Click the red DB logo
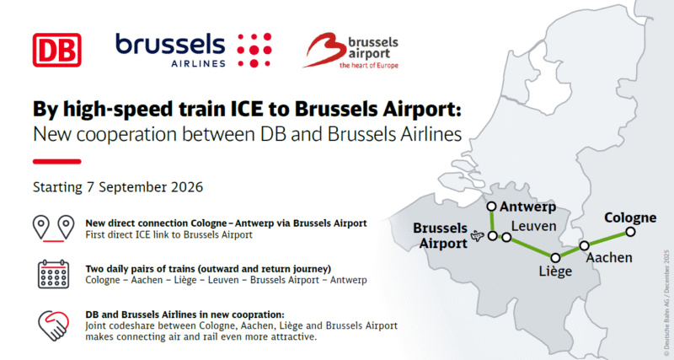(x=56, y=49)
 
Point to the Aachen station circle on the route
(x=584, y=246)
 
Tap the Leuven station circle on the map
(x=505, y=238)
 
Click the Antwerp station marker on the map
(x=491, y=206)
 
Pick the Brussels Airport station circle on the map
(x=492, y=236)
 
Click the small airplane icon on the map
(x=478, y=236)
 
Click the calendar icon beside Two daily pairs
(x=51, y=275)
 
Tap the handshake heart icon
(x=51, y=324)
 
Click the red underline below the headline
(x=56, y=161)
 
